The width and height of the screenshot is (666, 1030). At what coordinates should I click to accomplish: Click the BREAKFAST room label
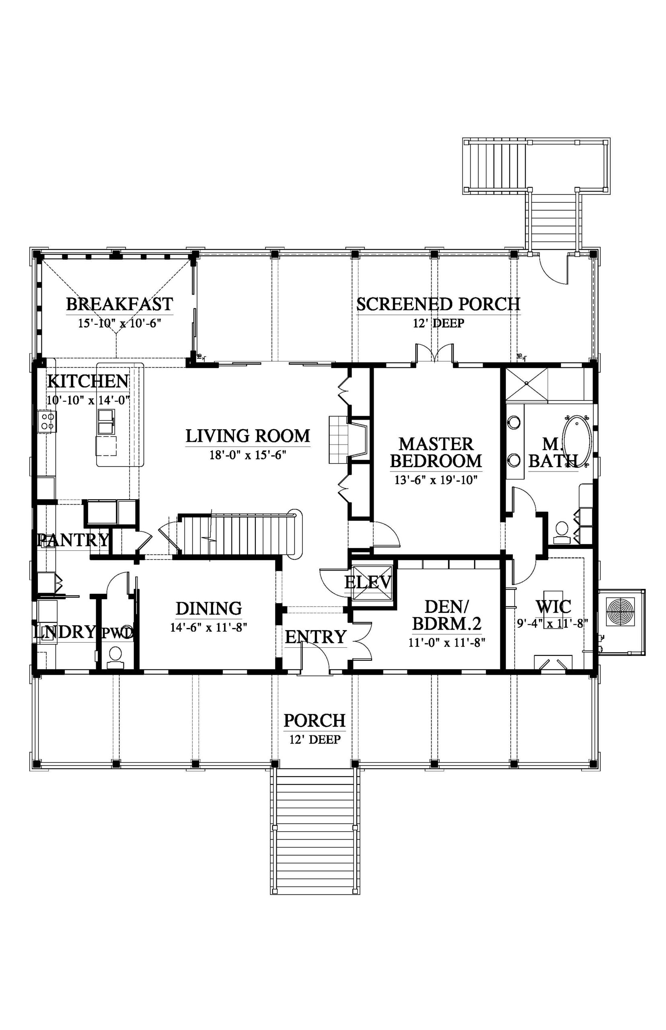[x=119, y=304]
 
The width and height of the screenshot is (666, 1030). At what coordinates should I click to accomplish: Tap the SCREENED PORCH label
[x=438, y=304]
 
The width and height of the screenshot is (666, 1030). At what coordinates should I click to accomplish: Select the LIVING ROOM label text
[x=248, y=436]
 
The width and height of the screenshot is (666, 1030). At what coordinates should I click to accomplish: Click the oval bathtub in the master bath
[x=576, y=441]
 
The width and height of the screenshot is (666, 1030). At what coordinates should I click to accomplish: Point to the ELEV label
[x=368, y=582]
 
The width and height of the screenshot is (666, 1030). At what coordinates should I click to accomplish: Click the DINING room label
[x=208, y=609]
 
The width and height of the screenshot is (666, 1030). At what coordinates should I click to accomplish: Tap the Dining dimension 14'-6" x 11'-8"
[x=208, y=628]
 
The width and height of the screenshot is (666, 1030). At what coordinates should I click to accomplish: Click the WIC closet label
[x=553, y=606]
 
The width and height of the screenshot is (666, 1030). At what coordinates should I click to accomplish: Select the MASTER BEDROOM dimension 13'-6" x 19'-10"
[x=436, y=480]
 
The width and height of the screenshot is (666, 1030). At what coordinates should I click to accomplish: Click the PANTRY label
[x=74, y=540]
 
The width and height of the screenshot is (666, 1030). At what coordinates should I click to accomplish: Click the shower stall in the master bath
[x=527, y=384]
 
